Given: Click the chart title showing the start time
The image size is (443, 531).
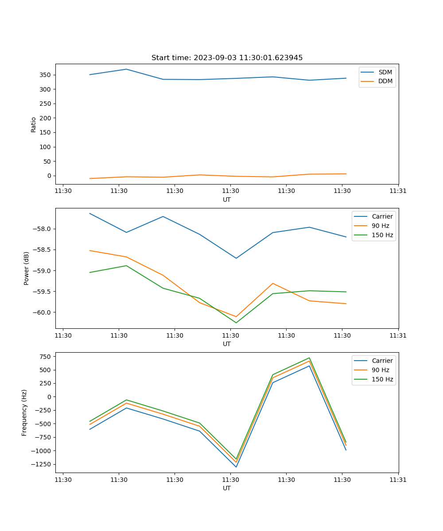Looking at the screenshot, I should click(227, 58).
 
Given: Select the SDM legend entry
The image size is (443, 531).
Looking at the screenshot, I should click(385, 72).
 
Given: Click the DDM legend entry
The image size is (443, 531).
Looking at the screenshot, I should click(385, 81).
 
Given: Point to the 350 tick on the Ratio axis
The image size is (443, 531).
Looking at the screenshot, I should click(46, 75).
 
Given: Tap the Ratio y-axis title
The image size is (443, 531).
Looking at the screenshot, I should click(34, 124).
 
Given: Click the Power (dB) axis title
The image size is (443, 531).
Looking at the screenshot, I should click(27, 268).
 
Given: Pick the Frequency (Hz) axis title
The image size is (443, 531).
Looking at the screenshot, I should click(24, 412).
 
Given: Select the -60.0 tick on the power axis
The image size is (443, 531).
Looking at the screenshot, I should click(43, 312).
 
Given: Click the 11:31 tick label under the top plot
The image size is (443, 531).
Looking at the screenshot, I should click(398, 191).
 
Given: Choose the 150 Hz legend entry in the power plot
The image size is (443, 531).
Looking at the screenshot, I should click(382, 235).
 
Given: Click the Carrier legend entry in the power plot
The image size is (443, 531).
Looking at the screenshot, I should click(382, 216).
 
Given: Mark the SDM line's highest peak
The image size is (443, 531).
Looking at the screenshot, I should click(126, 69).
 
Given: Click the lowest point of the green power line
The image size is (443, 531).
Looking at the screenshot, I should click(236, 323).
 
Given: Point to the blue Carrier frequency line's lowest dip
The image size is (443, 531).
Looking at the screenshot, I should click(236, 467).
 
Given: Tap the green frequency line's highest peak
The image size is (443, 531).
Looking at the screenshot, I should click(309, 358).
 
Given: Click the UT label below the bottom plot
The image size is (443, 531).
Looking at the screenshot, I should click(227, 488).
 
